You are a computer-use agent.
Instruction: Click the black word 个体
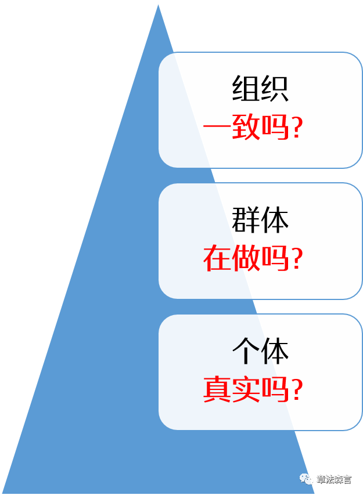point(260,352)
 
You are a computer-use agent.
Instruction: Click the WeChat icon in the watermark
point(306,479)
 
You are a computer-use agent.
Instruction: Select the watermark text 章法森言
point(334,480)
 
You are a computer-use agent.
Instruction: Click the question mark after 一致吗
point(296,129)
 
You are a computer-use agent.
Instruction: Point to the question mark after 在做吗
point(296,259)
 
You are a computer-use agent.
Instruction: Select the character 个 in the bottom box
point(246,352)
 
